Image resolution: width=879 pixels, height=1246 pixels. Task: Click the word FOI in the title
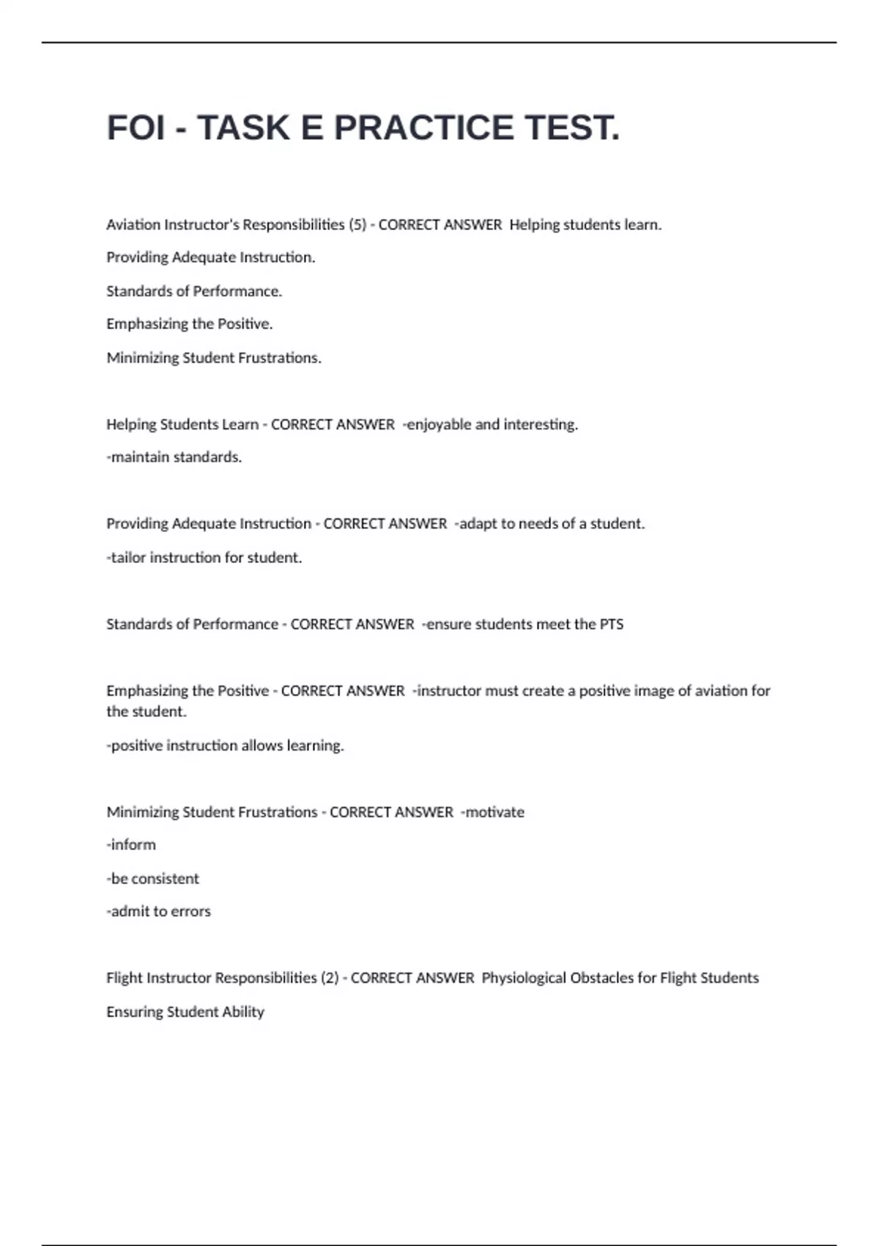(136, 128)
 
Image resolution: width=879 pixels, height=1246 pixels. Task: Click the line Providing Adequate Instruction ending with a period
(211, 257)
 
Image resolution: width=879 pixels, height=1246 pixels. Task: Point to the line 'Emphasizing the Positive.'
(190, 324)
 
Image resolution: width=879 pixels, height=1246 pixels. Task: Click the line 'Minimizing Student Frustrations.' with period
(214, 358)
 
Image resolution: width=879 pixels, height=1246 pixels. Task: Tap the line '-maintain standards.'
(174, 457)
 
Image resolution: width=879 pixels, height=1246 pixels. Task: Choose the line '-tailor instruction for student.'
(204, 558)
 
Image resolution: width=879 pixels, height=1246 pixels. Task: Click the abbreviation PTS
(612, 624)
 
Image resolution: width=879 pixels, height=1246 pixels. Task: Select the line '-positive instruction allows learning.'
(226, 745)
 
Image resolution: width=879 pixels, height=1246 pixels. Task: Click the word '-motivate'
(492, 812)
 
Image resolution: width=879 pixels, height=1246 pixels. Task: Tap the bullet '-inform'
(131, 845)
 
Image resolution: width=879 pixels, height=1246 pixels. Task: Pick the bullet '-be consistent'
(153, 879)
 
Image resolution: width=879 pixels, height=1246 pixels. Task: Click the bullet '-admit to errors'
(159, 912)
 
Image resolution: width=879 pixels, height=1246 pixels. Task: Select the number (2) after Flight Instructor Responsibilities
(330, 978)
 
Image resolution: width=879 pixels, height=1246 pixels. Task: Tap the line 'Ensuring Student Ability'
(185, 1012)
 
